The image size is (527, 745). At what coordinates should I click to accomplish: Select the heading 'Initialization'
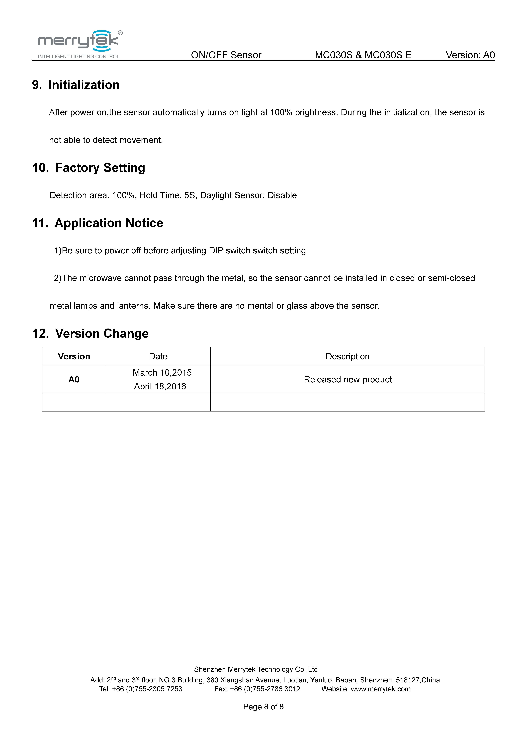click(84, 85)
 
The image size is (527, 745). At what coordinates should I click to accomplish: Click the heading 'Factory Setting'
click(100, 168)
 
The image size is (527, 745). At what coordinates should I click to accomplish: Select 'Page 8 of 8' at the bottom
click(263, 707)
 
